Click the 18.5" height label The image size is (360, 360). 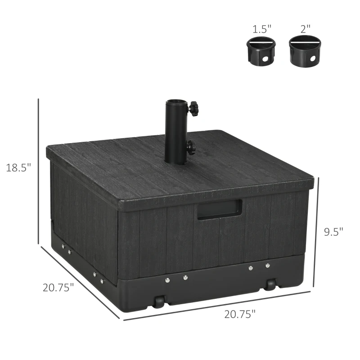click(x=18, y=167)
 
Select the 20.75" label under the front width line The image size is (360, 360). click(x=239, y=314)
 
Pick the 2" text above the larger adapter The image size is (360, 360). click(x=306, y=29)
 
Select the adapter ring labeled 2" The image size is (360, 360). click(x=305, y=50)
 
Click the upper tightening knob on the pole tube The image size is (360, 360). click(x=194, y=108)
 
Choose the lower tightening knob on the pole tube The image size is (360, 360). click(x=191, y=147)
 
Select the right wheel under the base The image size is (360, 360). click(x=270, y=285)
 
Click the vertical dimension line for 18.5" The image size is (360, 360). click(x=39, y=171)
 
